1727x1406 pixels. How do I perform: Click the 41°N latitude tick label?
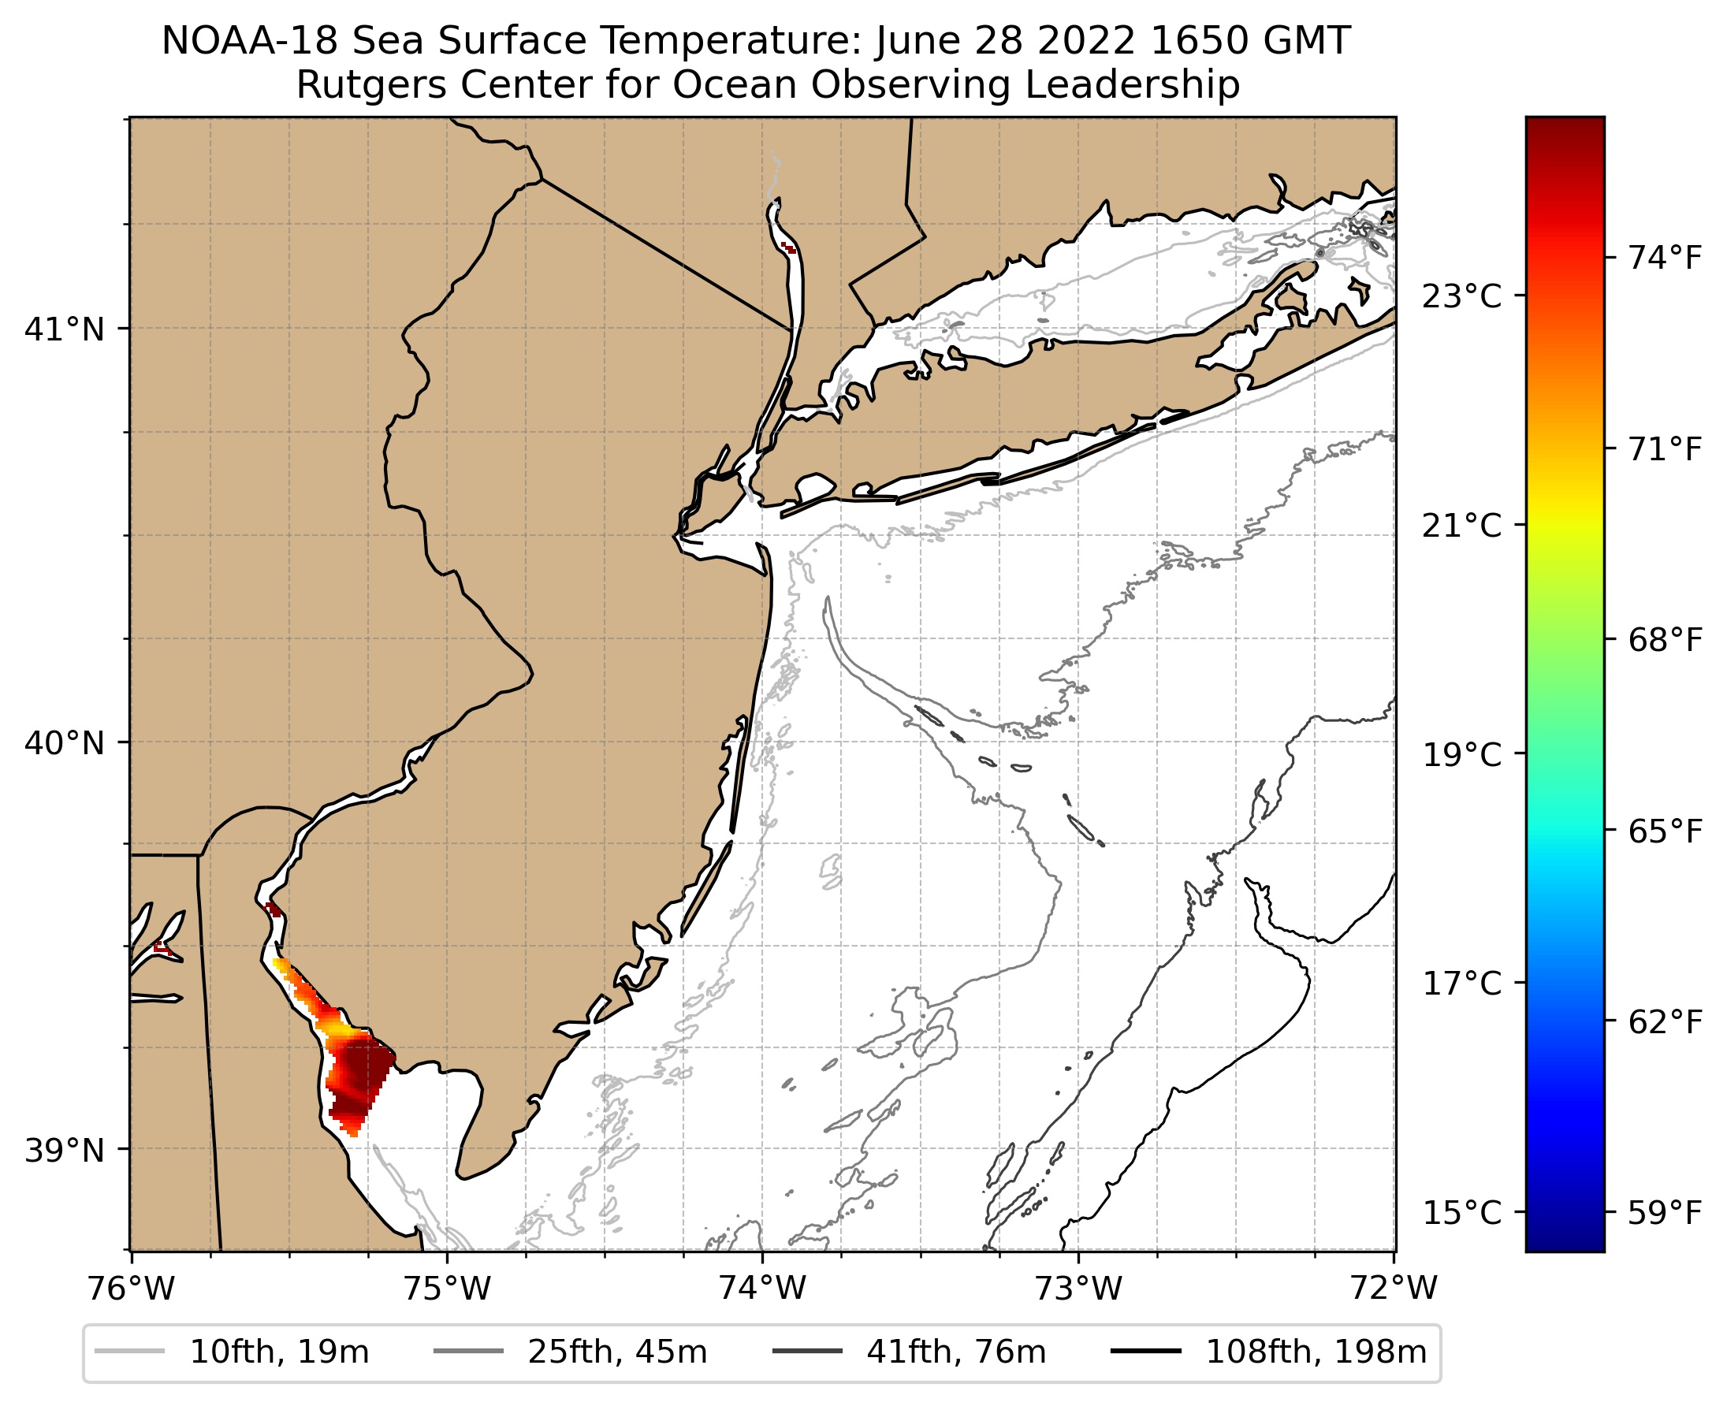pyautogui.click(x=65, y=329)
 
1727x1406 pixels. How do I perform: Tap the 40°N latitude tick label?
pyautogui.click(x=65, y=742)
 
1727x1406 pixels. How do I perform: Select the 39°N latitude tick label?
pyautogui.click(x=65, y=1150)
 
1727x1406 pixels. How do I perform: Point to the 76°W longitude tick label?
pyautogui.click(x=131, y=1289)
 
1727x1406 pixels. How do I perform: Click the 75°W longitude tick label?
pyautogui.click(x=447, y=1289)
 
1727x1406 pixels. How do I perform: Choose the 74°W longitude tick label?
pyautogui.click(x=763, y=1289)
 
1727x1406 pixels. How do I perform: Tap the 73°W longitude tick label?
pyautogui.click(x=1079, y=1289)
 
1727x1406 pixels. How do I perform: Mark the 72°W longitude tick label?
pyautogui.click(x=1394, y=1289)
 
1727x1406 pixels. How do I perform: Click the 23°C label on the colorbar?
pyautogui.click(x=1462, y=296)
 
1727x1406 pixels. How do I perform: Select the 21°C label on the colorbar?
pyautogui.click(x=1462, y=526)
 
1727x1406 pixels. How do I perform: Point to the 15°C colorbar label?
pyautogui.click(x=1462, y=1213)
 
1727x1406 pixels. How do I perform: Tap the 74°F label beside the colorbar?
pyautogui.click(x=1666, y=259)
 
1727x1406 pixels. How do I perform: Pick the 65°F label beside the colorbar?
pyautogui.click(x=1666, y=831)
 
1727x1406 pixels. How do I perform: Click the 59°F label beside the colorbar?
pyautogui.click(x=1666, y=1213)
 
